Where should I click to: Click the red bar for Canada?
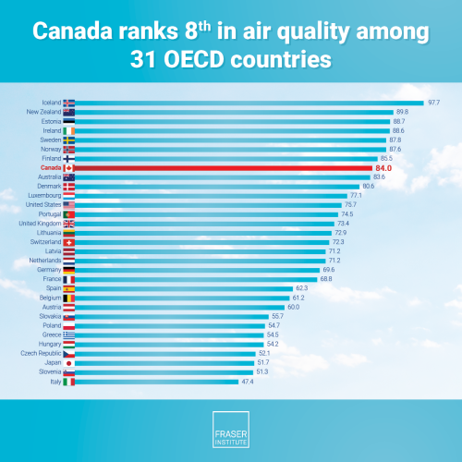[x=222, y=167]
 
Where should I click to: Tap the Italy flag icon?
[x=68, y=381]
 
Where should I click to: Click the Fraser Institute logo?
[x=231, y=430]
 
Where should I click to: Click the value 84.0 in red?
[x=383, y=167]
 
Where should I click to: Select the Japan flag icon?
[x=68, y=362]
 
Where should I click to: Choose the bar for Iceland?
[x=249, y=102]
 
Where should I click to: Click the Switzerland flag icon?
[x=68, y=241]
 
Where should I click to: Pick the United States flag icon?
[x=68, y=204]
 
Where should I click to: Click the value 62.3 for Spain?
[x=301, y=287]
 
